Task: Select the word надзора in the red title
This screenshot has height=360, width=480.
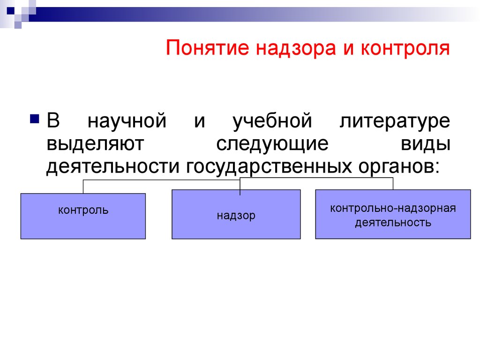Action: click(296, 48)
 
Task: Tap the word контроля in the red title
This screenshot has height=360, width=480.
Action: click(405, 48)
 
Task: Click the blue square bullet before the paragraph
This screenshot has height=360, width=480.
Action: click(35, 119)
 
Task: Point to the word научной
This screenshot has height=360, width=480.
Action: click(127, 120)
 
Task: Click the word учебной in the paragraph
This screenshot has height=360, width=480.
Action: click(272, 120)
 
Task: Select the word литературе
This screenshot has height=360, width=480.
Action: click(395, 121)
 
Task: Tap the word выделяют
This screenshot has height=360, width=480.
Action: click(95, 144)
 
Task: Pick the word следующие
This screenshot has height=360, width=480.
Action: click(272, 144)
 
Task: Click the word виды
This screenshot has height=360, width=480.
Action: click(426, 144)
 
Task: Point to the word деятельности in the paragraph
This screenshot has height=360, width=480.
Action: click(112, 167)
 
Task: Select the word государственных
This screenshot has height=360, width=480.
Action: click(269, 167)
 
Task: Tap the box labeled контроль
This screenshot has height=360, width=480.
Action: click(83, 216)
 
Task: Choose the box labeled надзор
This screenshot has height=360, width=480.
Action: click(236, 214)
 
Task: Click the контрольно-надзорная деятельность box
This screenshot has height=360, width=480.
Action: click(393, 214)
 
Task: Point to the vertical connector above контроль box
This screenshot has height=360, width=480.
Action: click(83, 187)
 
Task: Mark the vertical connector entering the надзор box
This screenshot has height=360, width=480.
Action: click(240, 186)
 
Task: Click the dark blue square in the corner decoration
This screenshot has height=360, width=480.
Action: click(11, 11)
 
